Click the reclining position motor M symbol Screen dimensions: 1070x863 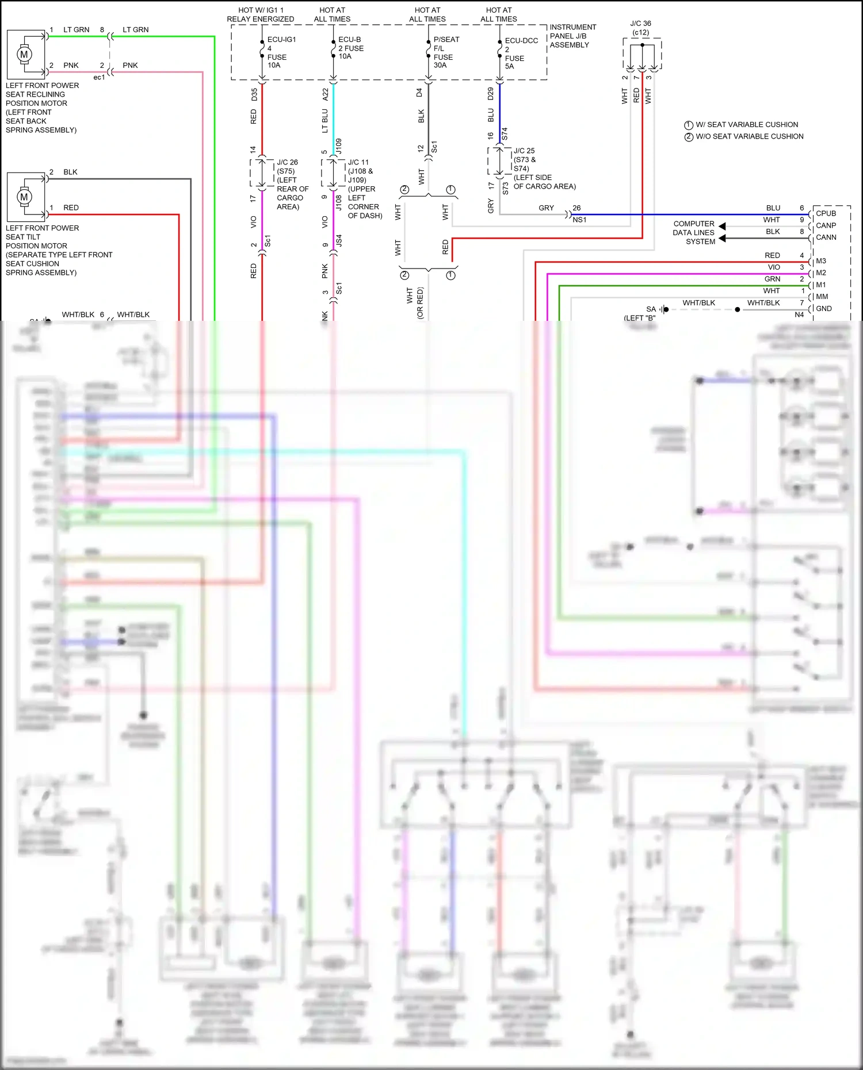coord(24,55)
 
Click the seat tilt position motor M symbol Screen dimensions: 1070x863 coord(24,197)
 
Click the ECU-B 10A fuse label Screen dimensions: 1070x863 coord(350,48)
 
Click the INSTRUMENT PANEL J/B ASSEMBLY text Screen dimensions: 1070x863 coord(572,36)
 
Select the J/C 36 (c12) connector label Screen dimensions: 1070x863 coord(640,28)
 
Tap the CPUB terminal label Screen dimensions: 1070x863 coord(826,213)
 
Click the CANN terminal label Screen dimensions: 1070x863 coord(826,237)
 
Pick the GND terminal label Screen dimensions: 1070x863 coord(824,309)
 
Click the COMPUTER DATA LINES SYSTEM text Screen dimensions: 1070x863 coord(694,232)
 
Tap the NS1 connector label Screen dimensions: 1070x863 coord(579,220)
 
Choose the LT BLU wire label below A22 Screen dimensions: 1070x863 coord(325,120)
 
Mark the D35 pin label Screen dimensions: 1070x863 coord(254,95)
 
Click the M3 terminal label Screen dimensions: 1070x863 coord(821,261)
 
